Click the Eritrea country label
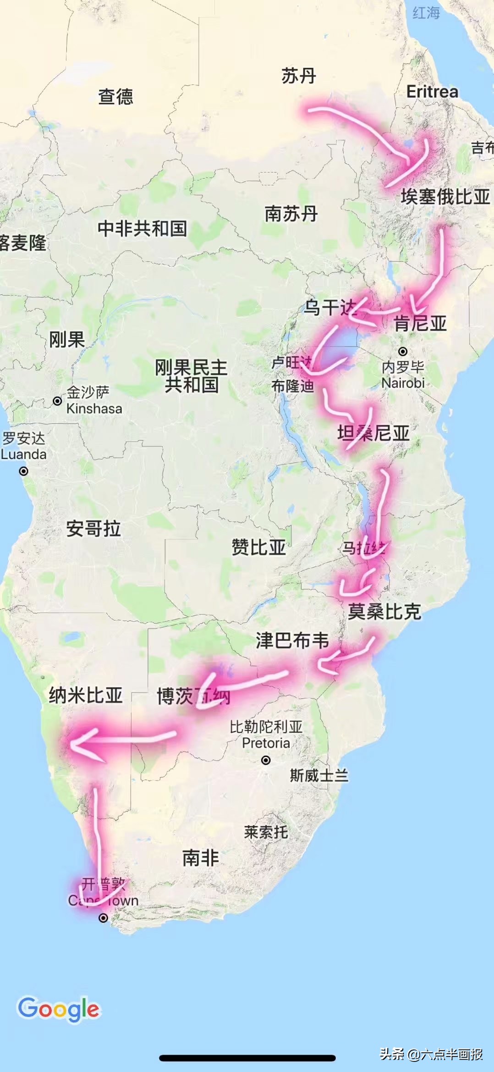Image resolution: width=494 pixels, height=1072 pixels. [x=432, y=92]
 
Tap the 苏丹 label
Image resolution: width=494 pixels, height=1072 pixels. [x=299, y=76]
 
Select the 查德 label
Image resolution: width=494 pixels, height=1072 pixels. [x=115, y=97]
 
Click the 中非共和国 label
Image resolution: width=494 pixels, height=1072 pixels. [x=142, y=228]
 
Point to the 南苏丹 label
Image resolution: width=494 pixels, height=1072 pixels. [x=291, y=214]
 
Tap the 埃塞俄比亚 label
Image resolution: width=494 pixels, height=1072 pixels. [x=445, y=197]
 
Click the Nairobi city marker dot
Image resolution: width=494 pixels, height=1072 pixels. [x=403, y=352]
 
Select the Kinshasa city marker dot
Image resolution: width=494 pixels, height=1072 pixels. [x=57, y=401]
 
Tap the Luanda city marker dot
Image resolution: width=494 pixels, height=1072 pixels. [x=23, y=471]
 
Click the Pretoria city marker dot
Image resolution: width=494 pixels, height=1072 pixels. [x=266, y=760]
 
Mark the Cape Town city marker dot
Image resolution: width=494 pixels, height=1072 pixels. [x=104, y=917]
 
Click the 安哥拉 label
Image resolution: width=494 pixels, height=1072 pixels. [x=93, y=529]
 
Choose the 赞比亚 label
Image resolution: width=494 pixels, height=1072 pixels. [x=258, y=547]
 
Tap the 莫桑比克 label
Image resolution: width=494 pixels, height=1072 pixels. [x=384, y=612]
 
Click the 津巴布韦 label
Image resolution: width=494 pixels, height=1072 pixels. [x=292, y=641]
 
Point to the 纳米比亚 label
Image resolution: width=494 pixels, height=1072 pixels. [x=86, y=696]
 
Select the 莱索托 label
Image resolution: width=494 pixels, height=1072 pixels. [x=266, y=832]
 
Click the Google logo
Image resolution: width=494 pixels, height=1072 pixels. [x=59, y=1009]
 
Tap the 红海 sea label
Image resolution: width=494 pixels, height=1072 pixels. [x=426, y=13]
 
